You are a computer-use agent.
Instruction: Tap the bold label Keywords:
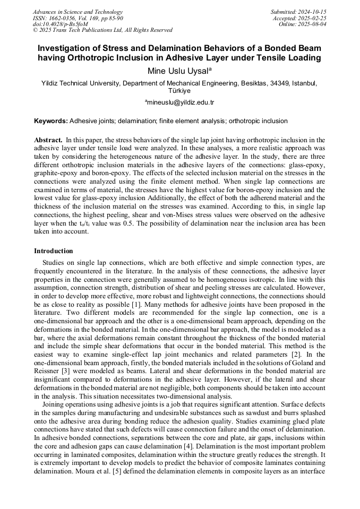[x=51, y=121]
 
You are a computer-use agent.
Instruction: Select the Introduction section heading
[x=54, y=251]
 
